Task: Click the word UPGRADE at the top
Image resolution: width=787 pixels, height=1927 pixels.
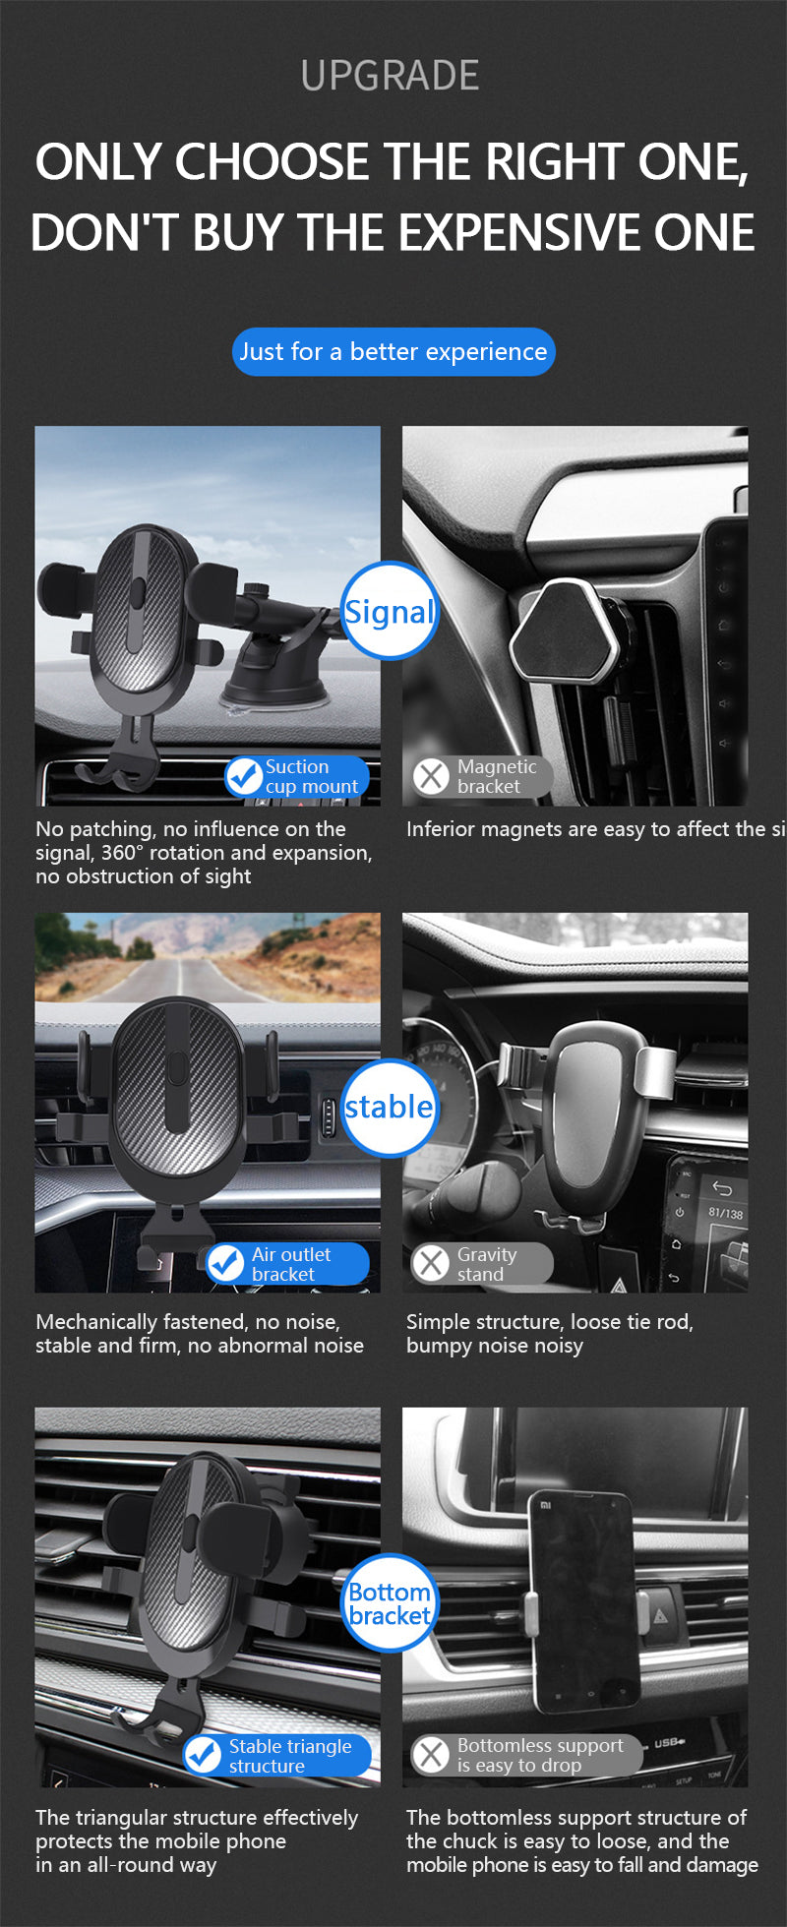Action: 391,76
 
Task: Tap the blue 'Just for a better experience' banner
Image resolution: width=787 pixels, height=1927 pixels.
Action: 393,351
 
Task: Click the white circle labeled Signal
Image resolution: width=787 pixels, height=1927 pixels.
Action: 390,612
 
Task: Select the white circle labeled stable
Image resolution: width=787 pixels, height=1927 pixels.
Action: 390,1107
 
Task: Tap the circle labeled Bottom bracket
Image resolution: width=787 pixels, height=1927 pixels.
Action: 390,1603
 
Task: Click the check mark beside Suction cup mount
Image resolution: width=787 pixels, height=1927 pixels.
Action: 243,776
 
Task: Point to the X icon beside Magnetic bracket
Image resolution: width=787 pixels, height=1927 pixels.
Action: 431,776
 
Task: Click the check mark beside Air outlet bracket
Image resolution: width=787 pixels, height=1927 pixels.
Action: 226,1264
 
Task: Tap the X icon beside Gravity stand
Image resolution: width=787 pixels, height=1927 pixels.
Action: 431,1264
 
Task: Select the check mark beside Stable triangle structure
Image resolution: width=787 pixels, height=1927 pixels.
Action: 204,1755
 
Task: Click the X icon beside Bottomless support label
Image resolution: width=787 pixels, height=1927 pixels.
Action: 431,1755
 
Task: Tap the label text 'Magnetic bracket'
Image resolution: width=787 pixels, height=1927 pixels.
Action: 497,776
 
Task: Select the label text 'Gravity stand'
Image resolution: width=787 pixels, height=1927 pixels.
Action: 486,1264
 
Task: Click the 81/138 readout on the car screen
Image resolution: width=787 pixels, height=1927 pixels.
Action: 726,1213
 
